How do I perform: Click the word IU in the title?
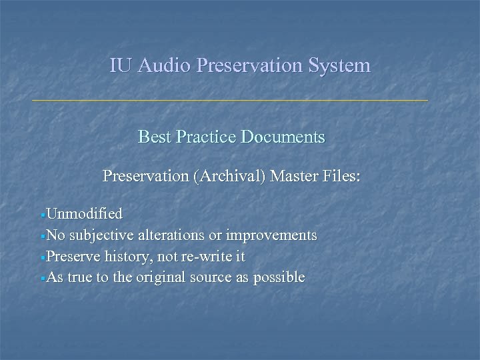point(119,66)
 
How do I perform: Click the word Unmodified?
point(85,214)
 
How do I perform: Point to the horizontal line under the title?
point(230,100)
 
